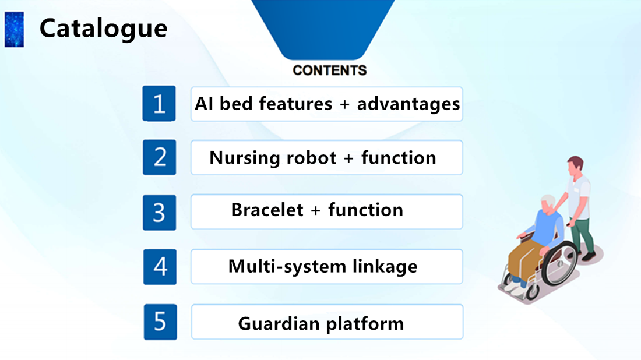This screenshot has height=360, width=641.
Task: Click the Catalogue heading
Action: pos(103,29)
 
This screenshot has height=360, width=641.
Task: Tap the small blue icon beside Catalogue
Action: pos(15,30)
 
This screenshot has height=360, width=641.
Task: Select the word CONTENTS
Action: pos(329,70)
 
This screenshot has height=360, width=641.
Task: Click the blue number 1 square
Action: pos(159,103)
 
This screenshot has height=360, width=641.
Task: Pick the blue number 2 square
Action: pos(160,157)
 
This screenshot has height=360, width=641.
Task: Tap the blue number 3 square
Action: pos(160,213)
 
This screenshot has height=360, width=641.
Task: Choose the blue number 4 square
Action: pos(160,267)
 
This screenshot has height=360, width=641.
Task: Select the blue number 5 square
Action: pos(160,322)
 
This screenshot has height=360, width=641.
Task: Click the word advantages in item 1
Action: pos(408,104)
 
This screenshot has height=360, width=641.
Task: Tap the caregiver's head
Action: pos(575,165)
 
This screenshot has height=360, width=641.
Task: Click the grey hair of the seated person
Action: pos(548,202)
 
